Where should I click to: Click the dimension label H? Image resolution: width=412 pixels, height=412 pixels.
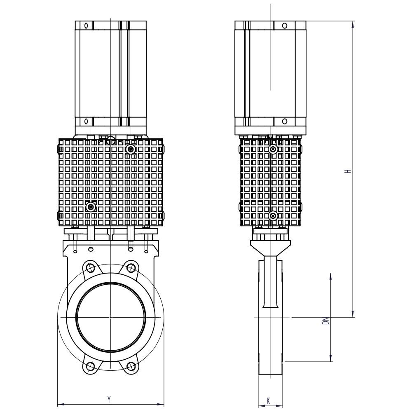pos(349,171)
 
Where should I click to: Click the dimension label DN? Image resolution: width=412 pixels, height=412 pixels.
pos(326,321)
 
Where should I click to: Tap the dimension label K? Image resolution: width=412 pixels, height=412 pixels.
pos(268,401)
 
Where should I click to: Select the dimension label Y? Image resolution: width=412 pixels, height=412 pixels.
pos(109,399)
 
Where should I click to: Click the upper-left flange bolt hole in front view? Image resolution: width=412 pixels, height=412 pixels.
pos(91,268)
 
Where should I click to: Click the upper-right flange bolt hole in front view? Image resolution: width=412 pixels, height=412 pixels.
pos(131,268)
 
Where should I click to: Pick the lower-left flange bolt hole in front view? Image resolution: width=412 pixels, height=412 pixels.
pos(91,366)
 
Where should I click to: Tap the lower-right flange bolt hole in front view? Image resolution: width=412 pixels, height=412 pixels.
pos(131,366)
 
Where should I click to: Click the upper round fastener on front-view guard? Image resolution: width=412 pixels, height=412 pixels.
pos(131,150)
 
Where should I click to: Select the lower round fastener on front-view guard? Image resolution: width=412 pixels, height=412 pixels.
pos(91,207)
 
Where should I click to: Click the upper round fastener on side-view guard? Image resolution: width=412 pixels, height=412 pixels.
pos(274,150)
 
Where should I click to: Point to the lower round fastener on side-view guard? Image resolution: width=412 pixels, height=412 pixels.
pos(274,216)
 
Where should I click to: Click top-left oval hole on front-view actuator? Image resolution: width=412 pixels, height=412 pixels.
pos(86,26)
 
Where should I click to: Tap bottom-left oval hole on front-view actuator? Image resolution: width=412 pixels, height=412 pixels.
pos(86,122)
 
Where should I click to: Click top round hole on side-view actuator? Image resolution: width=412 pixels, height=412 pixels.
pos(285,26)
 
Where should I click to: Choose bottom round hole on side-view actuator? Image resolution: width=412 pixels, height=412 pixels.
pos(285,122)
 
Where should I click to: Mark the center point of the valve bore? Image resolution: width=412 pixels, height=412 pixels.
pos(110,317)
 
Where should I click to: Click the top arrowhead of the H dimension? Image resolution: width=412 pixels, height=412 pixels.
pos(353,24)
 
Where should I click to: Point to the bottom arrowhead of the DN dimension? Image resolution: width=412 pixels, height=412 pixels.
pos(331,358)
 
